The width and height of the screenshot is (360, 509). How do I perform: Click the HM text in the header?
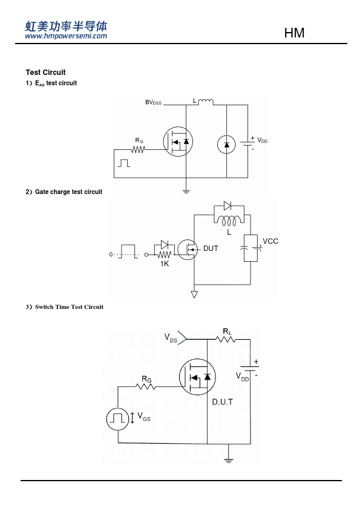[294, 33]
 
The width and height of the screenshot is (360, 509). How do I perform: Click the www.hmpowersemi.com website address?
[66, 36]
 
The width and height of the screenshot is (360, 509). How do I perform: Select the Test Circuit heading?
[45, 73]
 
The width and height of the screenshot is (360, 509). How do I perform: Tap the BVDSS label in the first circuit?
[153, 103]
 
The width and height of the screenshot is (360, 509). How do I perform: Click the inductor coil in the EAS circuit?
[206, 102]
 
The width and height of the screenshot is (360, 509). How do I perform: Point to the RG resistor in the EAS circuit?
[139, 150]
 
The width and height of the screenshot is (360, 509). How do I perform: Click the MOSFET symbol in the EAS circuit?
[178, 141]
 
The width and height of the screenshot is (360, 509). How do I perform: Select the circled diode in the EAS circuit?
[226, 144]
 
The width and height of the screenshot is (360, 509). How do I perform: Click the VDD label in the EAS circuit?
[263, 140]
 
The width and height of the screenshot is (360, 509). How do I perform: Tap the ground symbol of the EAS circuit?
[186, 191]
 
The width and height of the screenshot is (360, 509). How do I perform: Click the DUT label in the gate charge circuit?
[211, 248]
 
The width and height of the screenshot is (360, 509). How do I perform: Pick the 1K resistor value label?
[165, 264]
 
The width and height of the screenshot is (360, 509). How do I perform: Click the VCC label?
[270, 241]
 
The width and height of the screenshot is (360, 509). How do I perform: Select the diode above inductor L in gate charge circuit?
[227, 206]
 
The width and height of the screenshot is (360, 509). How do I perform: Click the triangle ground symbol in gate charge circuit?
[194, 294]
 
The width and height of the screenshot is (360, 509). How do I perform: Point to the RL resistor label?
[227, 331]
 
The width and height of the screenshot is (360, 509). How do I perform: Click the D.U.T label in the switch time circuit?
[222, 402]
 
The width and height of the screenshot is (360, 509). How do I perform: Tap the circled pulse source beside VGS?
[117, 419]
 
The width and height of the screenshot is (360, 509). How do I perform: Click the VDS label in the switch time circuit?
[171, 337]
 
